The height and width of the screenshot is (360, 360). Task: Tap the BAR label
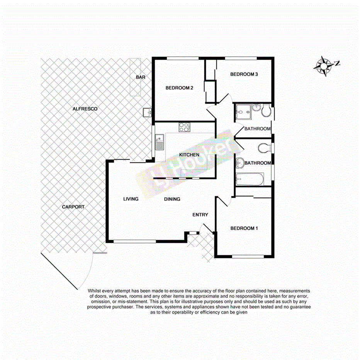140,77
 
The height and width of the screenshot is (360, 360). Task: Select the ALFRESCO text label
85,109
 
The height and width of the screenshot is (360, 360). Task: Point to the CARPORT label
73,207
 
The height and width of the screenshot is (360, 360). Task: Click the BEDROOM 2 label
179,88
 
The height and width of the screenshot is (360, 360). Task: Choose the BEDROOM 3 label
244,74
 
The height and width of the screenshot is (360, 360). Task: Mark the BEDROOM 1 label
244,228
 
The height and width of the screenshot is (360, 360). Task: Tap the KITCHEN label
189,155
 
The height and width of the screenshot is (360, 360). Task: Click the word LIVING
131,199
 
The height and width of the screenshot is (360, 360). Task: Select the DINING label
172,199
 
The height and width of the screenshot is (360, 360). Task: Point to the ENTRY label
200,215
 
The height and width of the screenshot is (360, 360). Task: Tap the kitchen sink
159,142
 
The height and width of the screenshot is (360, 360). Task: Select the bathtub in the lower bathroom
250,179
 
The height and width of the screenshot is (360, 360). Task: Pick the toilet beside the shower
265,112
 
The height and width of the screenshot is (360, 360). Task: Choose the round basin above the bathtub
240,162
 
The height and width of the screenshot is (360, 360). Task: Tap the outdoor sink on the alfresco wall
147,112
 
